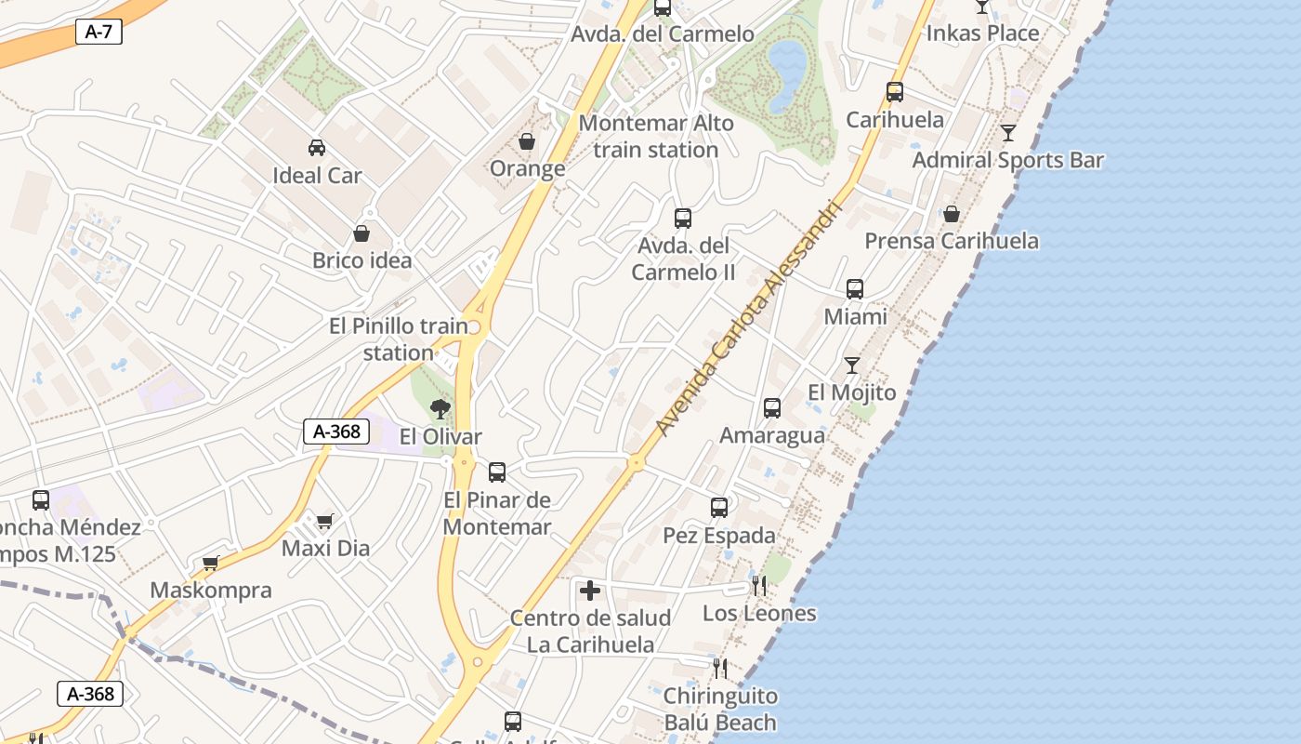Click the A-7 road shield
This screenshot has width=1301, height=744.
coord(98,32)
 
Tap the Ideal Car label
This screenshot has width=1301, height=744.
coord(317,176)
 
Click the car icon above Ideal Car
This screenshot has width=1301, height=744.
coord(317,147)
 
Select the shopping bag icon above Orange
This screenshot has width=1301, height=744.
coord(527,141)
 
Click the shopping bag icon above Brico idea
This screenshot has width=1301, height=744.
coord(361,233)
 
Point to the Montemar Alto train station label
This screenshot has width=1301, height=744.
coord(656,136)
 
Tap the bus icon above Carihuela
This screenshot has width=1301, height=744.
coord(895,92)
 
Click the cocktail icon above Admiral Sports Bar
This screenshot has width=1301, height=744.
coord(1008,133)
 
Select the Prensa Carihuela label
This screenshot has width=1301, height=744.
coord(952,241)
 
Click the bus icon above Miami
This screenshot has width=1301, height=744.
coord(855,289)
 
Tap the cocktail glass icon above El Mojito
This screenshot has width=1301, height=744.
coord(851,365)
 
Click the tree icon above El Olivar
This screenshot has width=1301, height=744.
coord(440,408)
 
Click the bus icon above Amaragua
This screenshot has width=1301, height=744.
coord(771,407)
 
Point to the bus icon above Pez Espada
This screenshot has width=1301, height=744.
coord(719,508)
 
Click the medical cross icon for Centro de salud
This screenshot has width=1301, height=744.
coord(590,591)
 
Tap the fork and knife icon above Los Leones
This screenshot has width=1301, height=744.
coord(759,586)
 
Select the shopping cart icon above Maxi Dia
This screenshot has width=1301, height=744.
coord(324,521)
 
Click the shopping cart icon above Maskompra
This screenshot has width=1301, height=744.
coord(211,563)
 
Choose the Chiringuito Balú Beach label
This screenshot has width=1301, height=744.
coord(720,709)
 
